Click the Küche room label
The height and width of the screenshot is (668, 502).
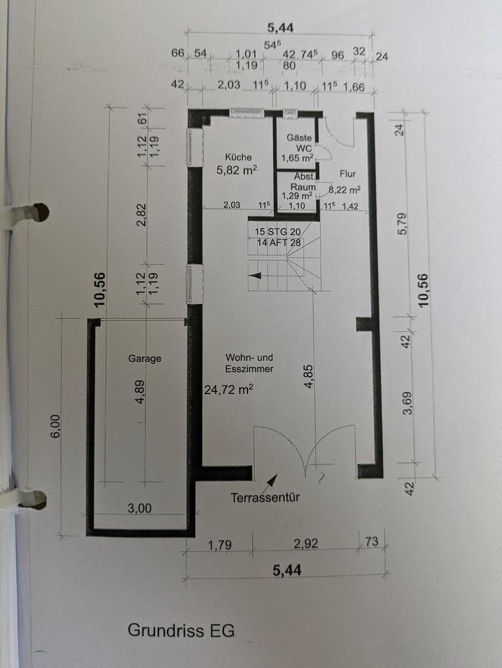pyautogui.click(x=238, y=157)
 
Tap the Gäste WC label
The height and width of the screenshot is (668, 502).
pyautogui.click(x=299, y=143)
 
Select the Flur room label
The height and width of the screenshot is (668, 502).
pyautogui.click(x=347, y=174)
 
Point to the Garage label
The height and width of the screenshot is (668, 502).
pyautogui.click(x=145, y=358)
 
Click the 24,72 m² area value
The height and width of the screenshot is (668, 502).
pyautogui.click(x=229, y=389)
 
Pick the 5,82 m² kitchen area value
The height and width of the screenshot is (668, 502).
pyautogui.click(x=237, y=170)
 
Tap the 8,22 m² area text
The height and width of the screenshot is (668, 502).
pyautogui.click(x=345, y=189)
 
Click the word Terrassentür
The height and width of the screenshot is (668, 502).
pyautogui.click(x=265, y=497)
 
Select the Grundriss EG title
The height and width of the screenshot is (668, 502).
pyautogui.click(x=181, y=630)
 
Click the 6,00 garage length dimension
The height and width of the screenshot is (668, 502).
pyautogui.click(x=56, y=424)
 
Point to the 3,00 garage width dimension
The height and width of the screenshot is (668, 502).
pyautogui.click(x=139, y=508)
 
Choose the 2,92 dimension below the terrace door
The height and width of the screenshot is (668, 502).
pyautogui.click(x=306, y=543)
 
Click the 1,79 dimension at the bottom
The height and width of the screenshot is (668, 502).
pyautogui.click(x=220, y=545)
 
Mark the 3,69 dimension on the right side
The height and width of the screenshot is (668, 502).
pyautogui.click(x=407, y=403)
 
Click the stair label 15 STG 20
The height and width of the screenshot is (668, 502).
pyautogui.click(x=278, y=232)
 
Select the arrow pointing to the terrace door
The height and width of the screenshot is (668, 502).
pyautogui.click(x=271, y=481)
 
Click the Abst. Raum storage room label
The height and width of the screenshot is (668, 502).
pyautogui.click(x=304, y=182)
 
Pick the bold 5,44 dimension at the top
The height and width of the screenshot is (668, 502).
pyautogui.click(x=281, y=28)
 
